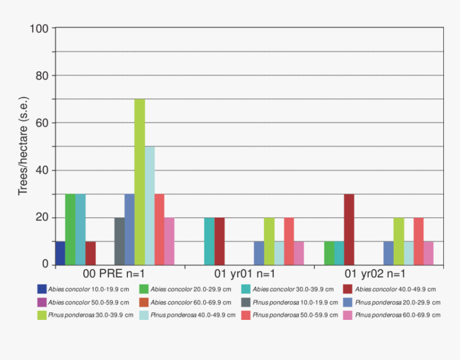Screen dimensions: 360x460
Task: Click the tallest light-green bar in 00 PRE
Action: [x=140, y=182]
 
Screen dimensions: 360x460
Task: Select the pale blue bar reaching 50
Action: [x=150, y=206]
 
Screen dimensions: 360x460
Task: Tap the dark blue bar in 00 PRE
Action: [x=60, y=253]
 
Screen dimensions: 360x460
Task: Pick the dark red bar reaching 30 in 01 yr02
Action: [x=349, y=229]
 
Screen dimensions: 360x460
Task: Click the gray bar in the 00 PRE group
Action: [x=119, y=241]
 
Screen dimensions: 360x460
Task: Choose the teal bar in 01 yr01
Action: [x=209, y=241]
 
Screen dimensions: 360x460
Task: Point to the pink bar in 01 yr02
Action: [x=428, y=253]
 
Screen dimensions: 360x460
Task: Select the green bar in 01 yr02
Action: [x=329, y=253]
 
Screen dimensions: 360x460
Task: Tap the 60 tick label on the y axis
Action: [x=42, y=123]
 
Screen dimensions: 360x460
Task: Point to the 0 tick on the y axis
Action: [x=45, y=265]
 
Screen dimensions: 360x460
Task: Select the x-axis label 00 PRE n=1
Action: [x=118, y=275]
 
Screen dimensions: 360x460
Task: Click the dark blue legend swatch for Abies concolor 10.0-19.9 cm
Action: [x=42, y=289]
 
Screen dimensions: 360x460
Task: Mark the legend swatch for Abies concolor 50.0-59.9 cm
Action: [x=42, y=302]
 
